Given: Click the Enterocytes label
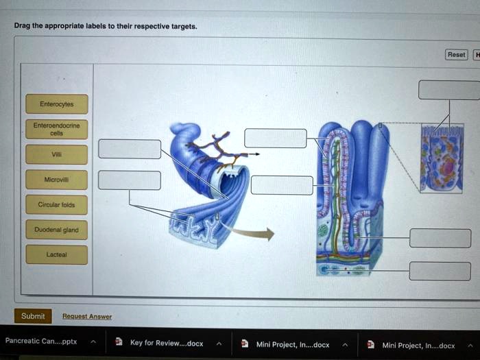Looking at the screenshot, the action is point(57,104).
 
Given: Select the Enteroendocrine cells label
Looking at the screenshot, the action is point(57,129).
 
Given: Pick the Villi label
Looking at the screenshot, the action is point(57,154).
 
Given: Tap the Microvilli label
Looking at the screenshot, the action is point(57,180).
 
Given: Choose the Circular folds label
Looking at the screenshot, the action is point(57,204).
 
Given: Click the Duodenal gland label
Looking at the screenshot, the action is point(57,230).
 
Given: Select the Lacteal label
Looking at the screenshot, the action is point(57,254).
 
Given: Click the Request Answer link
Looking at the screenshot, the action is point(87,317).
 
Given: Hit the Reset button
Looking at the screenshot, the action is point(456,55).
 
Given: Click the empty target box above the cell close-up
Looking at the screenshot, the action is point(449,90).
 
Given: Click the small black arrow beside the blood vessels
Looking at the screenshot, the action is point(253,154).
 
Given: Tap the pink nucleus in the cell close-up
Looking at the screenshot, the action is point(449,168).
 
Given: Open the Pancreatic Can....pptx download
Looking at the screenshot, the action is point(41,341).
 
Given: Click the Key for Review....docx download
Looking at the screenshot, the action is point(167,343).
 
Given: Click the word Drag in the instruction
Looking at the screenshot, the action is point(22,25).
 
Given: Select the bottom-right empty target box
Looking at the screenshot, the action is point(440,272).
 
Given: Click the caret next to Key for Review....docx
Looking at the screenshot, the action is point(219,344).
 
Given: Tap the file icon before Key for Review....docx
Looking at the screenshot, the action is point(119,341).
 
